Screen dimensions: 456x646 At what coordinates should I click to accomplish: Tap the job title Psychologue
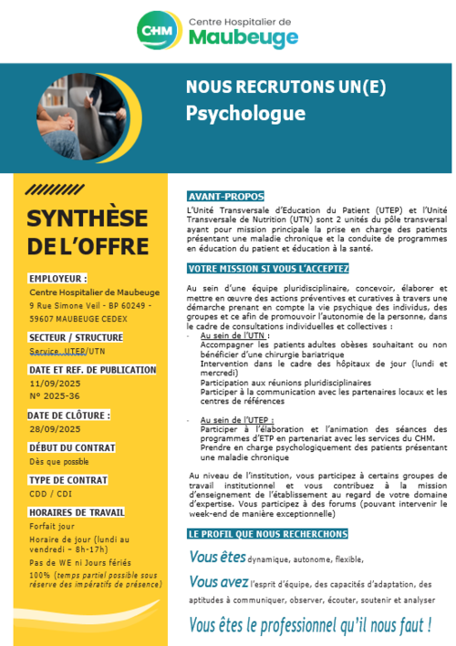(x=245, y=114)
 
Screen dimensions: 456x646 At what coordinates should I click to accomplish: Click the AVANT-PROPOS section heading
(x=225, y=196)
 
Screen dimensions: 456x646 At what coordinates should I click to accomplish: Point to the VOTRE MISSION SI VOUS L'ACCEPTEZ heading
(x=261, y=269)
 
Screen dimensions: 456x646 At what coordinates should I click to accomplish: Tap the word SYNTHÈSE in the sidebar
(x=88, y=219)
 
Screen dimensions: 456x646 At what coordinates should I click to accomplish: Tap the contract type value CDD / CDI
(x=51, y=493)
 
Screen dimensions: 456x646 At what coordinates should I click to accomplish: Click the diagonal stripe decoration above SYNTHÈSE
(x=51, y=190)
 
